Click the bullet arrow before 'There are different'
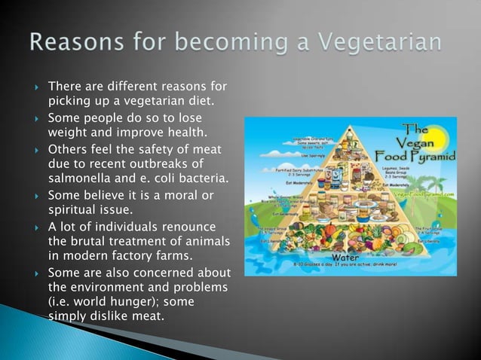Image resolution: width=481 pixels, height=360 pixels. point(34,87)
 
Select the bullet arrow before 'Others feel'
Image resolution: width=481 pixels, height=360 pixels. point(34,148)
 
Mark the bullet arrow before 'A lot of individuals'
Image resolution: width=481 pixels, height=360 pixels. point(34,227)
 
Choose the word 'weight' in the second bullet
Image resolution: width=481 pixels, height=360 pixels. point(66,133)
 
